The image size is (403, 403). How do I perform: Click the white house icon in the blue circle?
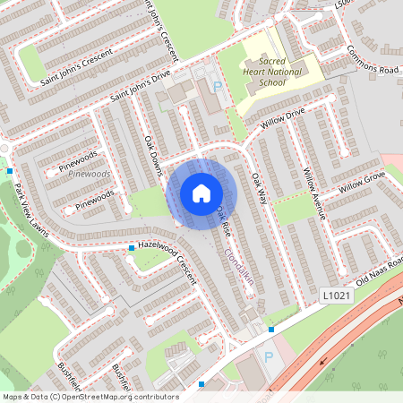pos(201,193)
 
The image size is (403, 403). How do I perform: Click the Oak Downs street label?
pos(154,156)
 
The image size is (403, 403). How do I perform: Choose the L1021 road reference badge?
pos(332,294)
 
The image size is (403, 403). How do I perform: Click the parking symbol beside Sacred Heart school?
pos(218,87)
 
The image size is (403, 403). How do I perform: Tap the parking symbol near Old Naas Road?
pos(268,357)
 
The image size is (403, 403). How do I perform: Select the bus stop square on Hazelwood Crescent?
pos(132,247)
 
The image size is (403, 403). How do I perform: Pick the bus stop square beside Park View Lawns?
pos(10,170)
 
